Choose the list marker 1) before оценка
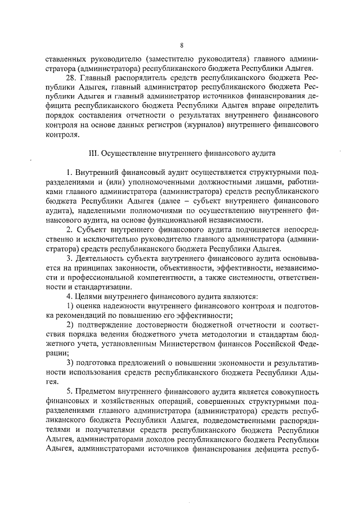(70, 305)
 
